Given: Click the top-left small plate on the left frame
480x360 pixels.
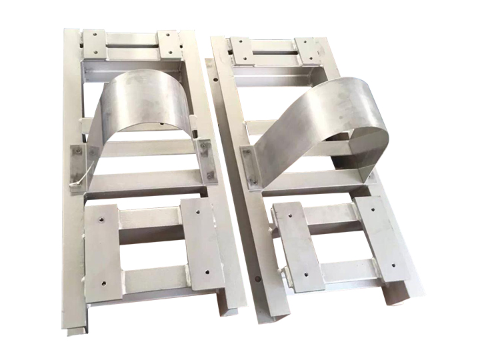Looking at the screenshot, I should tap(94, 43).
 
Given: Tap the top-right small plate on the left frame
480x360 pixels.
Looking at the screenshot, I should tap(169, 44).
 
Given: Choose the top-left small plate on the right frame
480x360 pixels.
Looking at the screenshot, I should tap(241, 49).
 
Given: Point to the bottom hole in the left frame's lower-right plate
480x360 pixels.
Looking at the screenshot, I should tap(207, 273).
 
